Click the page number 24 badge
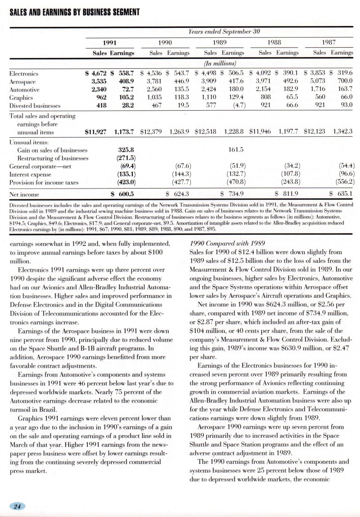point(18,506)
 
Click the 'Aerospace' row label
point(22,81)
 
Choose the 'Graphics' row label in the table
point(21,98)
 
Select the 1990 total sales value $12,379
point(153,132)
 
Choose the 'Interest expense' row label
point(30,174)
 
